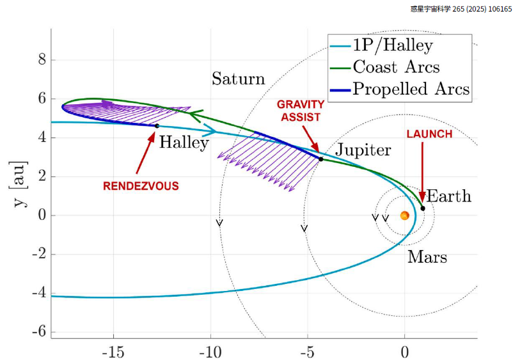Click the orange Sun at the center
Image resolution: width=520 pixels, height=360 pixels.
[405, 215]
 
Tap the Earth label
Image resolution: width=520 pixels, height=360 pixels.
[448, 196]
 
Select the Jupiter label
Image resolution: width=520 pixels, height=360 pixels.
[363, 150]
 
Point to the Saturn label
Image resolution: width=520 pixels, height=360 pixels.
[238, 79]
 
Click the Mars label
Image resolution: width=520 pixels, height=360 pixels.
[427, 258]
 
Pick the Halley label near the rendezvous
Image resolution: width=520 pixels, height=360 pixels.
[184, 143]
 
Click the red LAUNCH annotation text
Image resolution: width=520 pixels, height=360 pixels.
[429, 134]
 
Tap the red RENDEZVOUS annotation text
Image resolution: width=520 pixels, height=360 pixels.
[141, 186]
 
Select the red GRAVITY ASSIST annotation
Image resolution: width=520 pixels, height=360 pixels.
[301, 109]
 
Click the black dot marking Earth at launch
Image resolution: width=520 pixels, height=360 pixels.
[423, 208]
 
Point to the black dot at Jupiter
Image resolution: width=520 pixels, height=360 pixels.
[321, 159]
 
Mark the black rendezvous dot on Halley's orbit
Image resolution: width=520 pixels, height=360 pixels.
[157, 126]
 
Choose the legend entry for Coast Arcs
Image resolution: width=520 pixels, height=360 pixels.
[396, 67]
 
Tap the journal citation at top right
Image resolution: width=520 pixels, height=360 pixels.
[461, 10]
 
